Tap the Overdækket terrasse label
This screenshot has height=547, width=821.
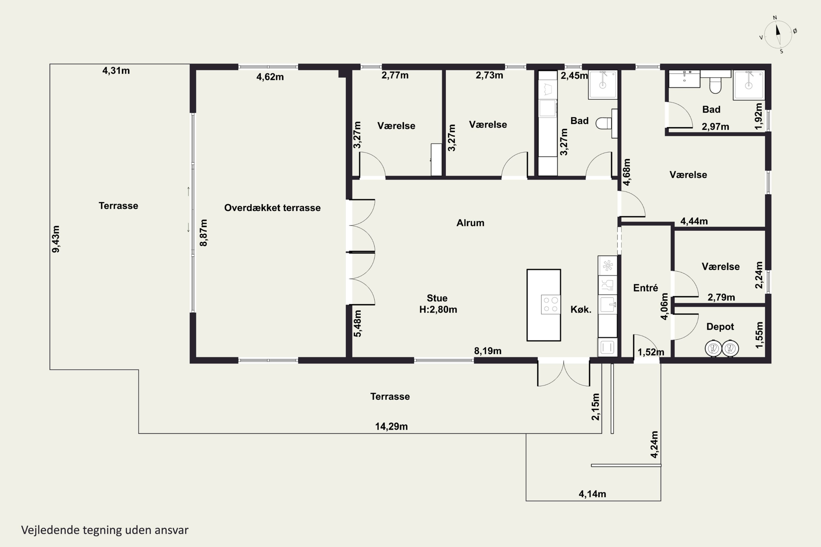[272, 208]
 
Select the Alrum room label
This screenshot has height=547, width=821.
[470, 223]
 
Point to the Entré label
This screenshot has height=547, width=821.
[645, 288]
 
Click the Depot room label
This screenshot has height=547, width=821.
[720, 327]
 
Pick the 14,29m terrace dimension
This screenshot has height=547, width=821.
[391, 426]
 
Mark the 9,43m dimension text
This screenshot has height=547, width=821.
[56, 239]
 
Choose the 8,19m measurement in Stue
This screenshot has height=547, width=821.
[488, 351]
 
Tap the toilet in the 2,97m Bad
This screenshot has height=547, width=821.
[716, 85]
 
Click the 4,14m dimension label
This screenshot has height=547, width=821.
[592, 494]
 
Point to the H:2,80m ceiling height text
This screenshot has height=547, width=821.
[438, 309]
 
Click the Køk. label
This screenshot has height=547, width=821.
[581, 309]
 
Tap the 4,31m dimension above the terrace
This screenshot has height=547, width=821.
[116, 71]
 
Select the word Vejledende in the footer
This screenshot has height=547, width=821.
[50, 530]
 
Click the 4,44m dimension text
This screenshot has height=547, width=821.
[694, 221]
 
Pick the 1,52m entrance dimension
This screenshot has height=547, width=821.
[651, 352]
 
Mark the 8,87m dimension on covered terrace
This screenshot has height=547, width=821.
[204, 233]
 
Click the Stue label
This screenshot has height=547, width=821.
[437, 298]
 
